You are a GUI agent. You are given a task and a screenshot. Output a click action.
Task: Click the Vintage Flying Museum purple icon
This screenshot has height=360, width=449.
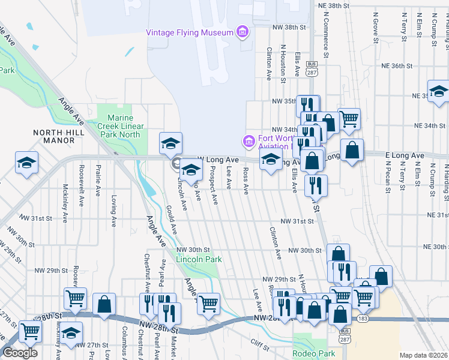tap(243, 32)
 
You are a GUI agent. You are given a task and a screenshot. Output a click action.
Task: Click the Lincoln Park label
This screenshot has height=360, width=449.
tap(199, 259)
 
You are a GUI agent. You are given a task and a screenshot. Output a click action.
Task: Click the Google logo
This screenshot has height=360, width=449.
tap(20, 353)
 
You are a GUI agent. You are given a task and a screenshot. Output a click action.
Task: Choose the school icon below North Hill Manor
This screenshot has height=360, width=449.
tap(27, 163)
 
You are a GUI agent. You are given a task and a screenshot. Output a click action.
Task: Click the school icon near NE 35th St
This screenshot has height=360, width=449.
tap(438, 92)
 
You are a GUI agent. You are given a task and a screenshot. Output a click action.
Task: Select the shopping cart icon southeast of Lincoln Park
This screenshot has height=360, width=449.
tap(208, 304)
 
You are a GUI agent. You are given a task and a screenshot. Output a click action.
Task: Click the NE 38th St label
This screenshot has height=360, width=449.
tap(334, 5)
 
